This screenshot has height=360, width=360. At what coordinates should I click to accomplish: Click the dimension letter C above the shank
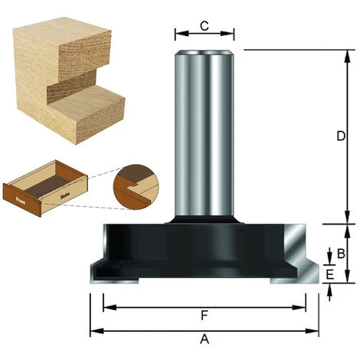tap(205, 25)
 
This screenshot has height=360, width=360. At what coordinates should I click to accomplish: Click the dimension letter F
tap(205, 315)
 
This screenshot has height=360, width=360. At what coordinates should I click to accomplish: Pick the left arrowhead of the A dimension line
tap(93, 332)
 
